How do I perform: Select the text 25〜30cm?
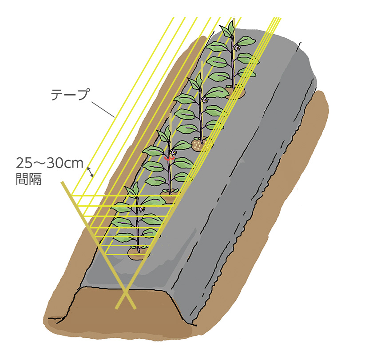(x=49, y=163)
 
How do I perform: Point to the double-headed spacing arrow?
(x=90, y=172)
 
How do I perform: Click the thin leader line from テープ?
(x=103, y=109)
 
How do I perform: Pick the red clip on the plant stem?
(x=169, y=158)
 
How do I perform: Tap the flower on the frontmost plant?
(x=143, y=209)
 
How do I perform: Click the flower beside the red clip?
(x=174, y=152)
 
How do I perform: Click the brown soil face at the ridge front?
(x=120, y=318)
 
